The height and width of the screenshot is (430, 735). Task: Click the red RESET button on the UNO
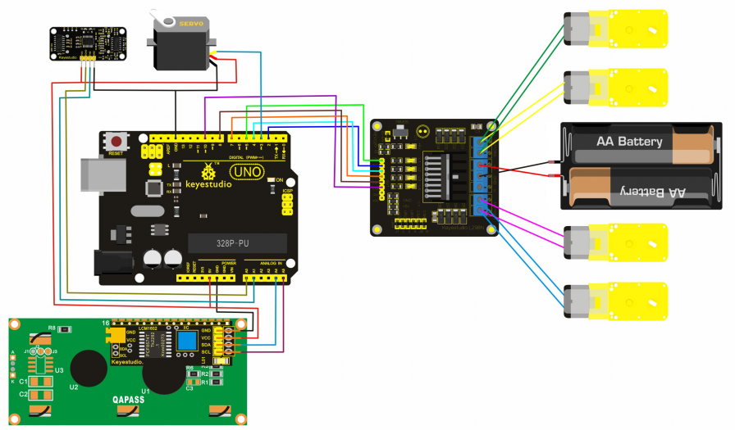[x=116, y=141]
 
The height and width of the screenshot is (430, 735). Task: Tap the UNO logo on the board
[x=246, y=174]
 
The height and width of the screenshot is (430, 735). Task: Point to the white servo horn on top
[x=158, y=16]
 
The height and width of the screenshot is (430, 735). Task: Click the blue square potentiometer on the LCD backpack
[x=185, y=341]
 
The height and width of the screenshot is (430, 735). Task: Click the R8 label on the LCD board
[x=52, y=328]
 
